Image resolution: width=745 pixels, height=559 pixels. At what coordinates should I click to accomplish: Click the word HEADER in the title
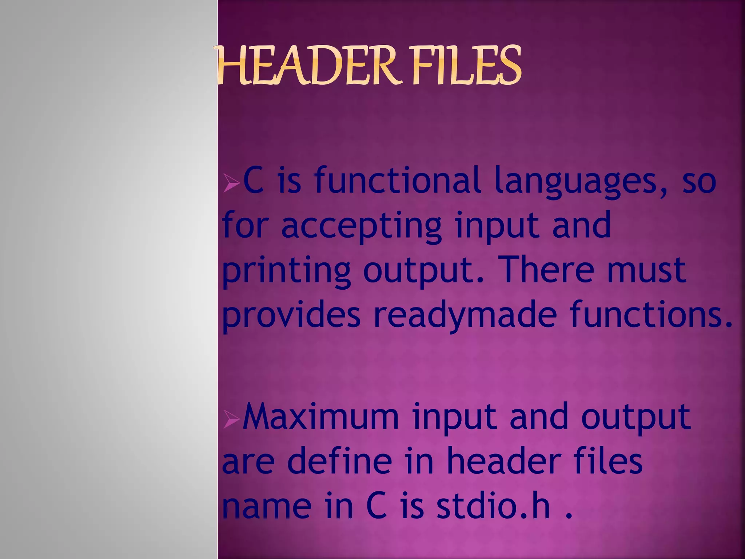[306, 66]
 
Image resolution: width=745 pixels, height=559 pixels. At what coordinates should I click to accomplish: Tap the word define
[340, 461]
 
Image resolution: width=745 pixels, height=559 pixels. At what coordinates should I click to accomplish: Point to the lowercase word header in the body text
[502, 461]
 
